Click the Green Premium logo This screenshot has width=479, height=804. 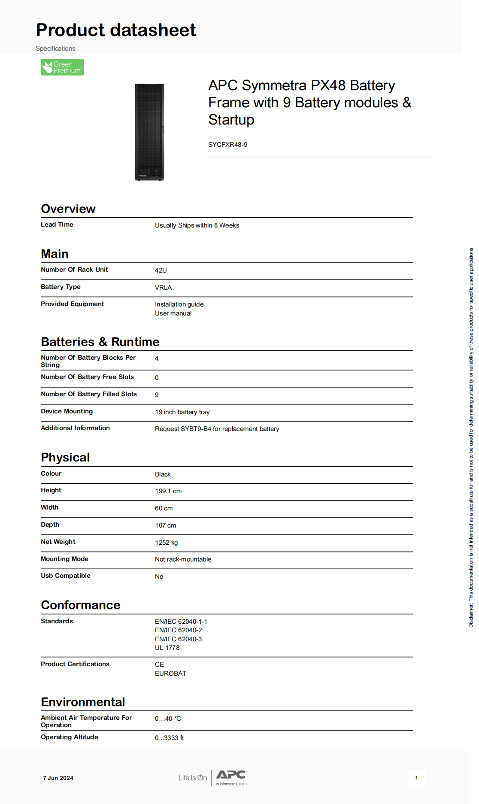(62, 67)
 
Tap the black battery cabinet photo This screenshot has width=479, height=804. (149, 132)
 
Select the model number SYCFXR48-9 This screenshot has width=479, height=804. (227, 145)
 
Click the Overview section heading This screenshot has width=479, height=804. (68, 209)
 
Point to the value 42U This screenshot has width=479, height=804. (161, 270)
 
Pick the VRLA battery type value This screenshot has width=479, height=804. (163, 288)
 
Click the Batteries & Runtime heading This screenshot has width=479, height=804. (100, 342)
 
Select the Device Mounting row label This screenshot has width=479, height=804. (67, 411)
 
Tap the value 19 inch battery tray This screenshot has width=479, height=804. (182, 412)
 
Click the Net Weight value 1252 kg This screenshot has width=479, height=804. (166, 543)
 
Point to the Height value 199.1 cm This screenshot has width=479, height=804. (168, 491)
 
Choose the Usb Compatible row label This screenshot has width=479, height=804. (66, 576)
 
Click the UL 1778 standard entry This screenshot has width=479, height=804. (167, 648)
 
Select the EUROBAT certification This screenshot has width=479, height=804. (170, 674)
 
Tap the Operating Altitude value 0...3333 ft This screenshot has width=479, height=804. (169, 738)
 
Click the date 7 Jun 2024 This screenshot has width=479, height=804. (58, 778)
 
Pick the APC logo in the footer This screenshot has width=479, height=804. (231, 776)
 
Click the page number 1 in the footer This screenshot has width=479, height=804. (416, 778)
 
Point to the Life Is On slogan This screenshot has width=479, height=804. (193, 778)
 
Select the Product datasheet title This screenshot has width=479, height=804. (116, 30)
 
